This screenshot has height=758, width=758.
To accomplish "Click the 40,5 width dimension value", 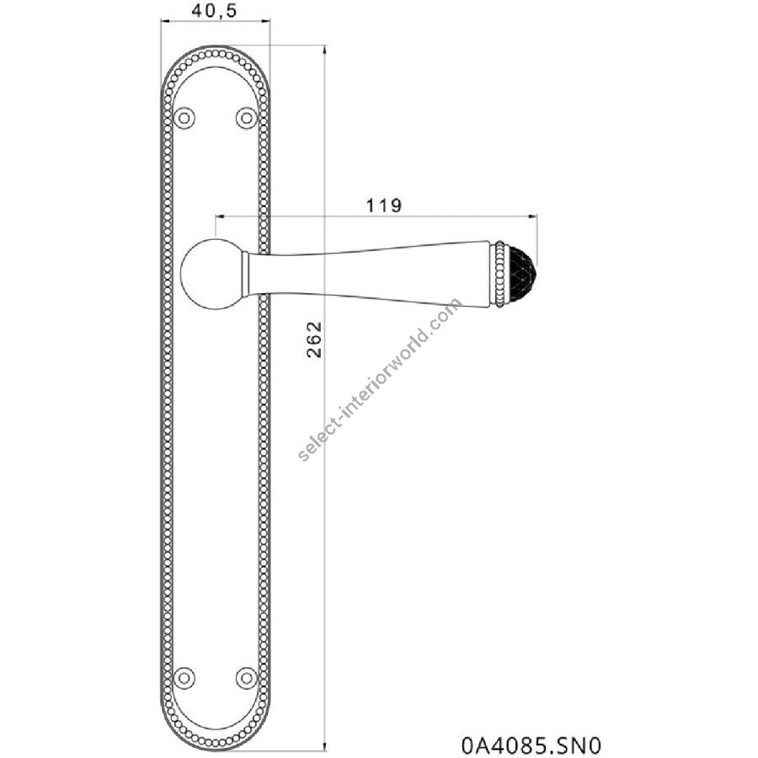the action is tap(214, 10).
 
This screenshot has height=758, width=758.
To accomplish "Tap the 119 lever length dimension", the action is tap(384, 206).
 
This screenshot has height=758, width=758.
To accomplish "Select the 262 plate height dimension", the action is tap(314, 339).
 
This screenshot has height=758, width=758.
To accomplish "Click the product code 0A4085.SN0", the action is tap(531, 745).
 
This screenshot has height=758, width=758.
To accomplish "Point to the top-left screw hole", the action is tap(184, 117).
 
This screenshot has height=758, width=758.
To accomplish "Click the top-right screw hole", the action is tap(246, 117).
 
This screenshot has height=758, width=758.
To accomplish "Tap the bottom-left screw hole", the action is tap(184, 677).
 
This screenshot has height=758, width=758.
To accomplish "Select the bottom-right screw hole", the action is tap(246, 677).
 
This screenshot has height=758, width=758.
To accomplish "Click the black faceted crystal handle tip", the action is tap(520, 275).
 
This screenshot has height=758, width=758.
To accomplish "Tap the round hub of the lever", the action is tap(211, 273).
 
